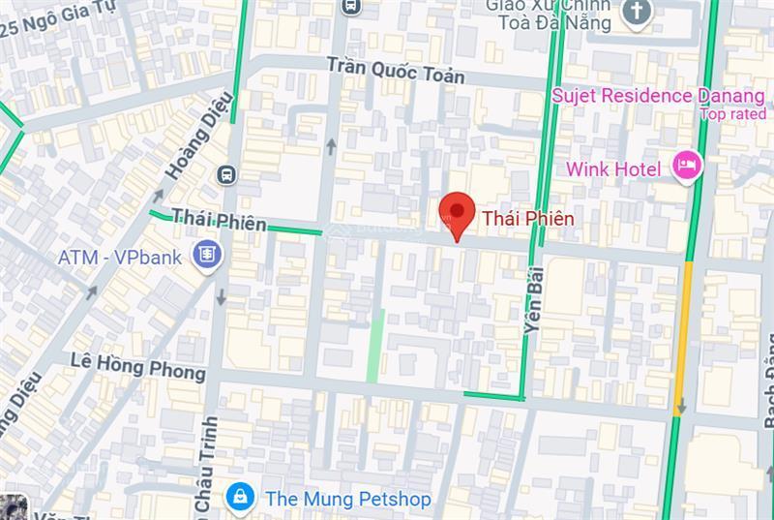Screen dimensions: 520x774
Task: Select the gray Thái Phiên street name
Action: (219, 221)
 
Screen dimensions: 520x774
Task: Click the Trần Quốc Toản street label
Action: (395, 70)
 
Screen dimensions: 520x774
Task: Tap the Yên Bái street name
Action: (534, 301)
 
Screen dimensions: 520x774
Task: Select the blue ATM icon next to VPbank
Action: (206, 256)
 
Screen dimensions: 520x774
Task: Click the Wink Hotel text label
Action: (613, 169)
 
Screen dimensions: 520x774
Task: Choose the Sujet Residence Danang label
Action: (658, 96)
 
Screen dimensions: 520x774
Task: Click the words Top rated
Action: (732, 114)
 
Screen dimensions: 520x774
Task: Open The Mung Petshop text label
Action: (346, 499)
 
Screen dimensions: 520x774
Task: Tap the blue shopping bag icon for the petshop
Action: (238, 498)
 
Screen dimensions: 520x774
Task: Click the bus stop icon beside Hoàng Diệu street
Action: (227, 174)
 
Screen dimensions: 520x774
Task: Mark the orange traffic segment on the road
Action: (682, 324)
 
